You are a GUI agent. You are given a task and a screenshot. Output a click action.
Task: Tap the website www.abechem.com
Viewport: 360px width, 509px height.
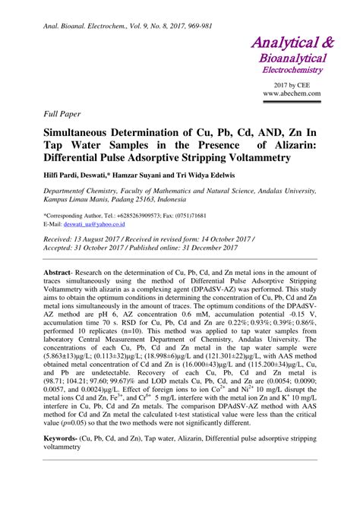pyautogui.click(x=292, y=93)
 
